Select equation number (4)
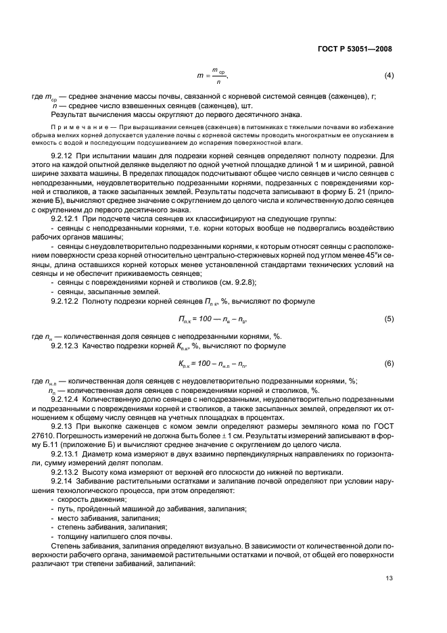(x=389, y=74)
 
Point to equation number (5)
(x=389, y=318)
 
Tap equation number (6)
(x=389, y=364)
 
